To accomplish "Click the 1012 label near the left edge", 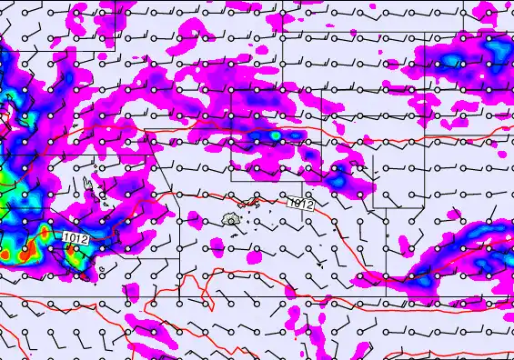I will coord(76,238).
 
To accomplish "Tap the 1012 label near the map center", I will coord(300,205).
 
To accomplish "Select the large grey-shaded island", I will coord(231,219).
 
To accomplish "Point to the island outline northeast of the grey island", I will coord(257,204).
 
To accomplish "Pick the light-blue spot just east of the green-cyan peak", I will coord(295,136).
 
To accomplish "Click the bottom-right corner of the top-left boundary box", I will coord(116,51).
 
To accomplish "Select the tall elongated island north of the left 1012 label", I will coord(89,187).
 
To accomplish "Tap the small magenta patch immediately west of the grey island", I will coord(196,218).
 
